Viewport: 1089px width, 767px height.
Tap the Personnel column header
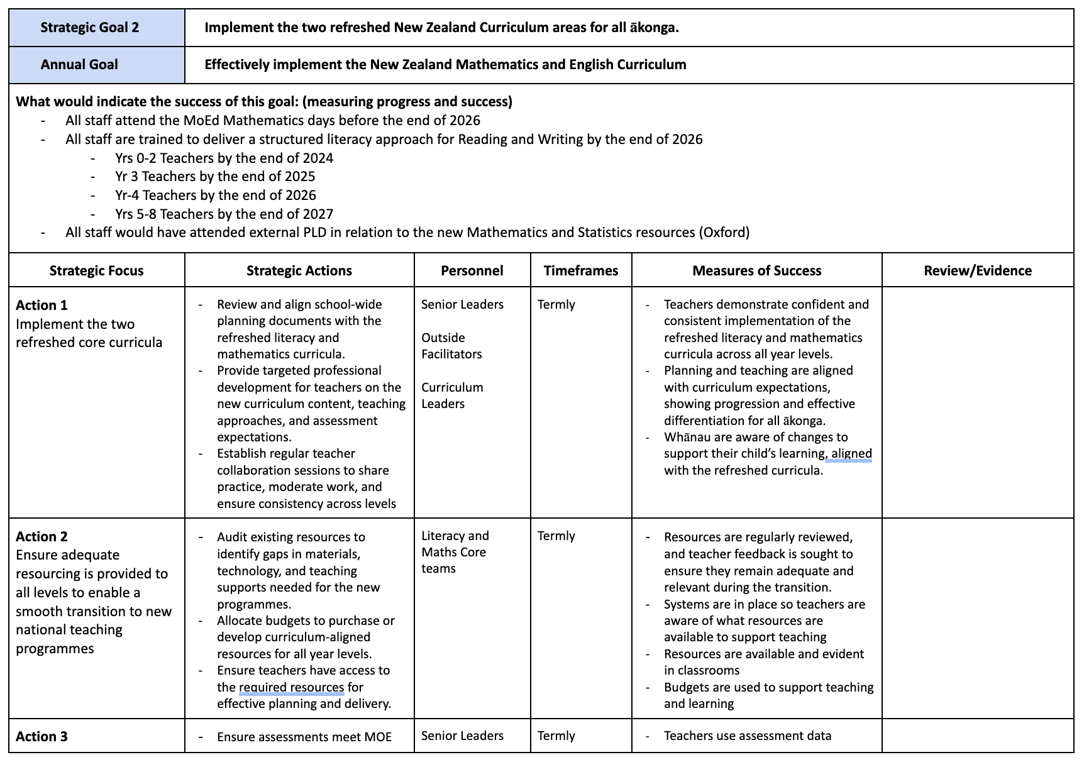(472, 271)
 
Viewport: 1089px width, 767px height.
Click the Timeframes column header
(581, 271)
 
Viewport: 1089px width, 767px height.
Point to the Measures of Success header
(756, 271)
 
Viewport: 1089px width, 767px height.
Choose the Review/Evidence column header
(977, 271)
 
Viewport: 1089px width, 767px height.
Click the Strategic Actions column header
(299, 271)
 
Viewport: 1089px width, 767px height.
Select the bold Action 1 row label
(41, 306)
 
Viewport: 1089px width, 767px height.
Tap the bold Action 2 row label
(41, 537)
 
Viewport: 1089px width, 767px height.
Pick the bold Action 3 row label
(41, 737)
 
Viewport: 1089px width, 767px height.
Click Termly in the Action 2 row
(556, 536)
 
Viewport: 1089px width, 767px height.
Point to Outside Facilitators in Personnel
(451, 346)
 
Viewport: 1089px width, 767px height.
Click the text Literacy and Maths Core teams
(455, 552)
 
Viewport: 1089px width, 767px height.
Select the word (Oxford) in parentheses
(724, 233)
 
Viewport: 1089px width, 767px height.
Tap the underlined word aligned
(851, 454)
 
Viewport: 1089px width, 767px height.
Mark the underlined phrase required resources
(292, 687)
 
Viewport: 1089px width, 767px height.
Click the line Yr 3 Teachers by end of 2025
(215, 177)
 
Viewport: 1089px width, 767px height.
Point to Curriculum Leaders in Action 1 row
(452, 395)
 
